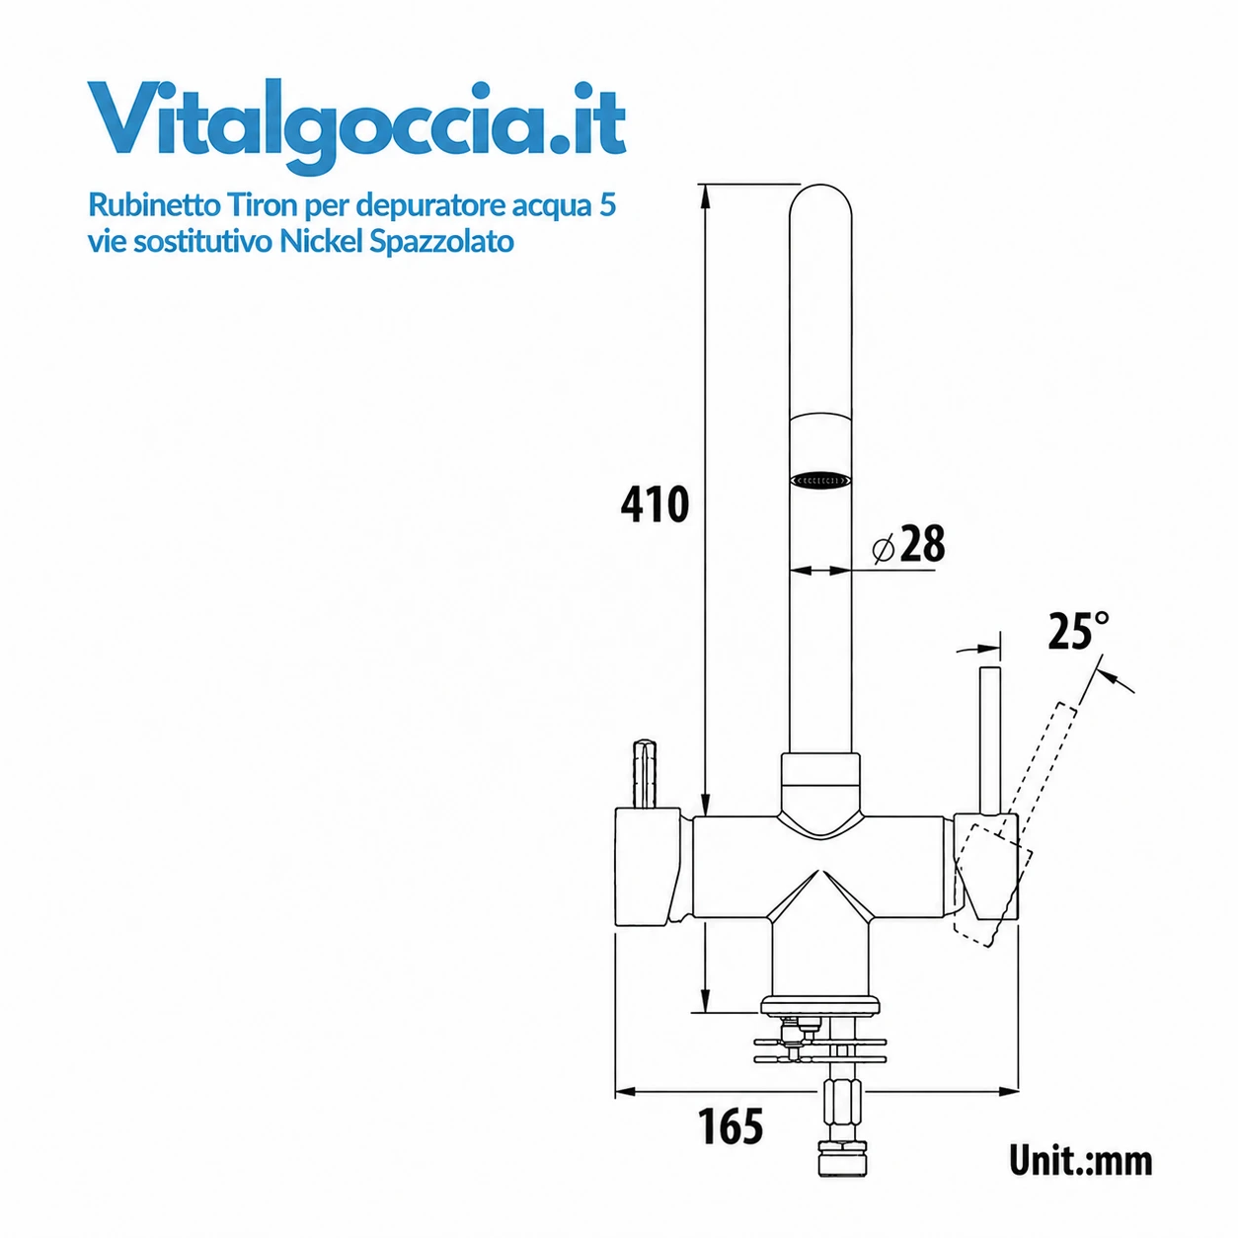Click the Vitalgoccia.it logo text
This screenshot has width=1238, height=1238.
coord(356,126)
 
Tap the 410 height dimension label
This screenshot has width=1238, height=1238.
coord(655,504)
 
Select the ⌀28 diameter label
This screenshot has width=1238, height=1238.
coord(909,544)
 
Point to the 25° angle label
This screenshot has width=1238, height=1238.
coord(1078,631)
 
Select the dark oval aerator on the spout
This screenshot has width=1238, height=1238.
coord(820,480)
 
